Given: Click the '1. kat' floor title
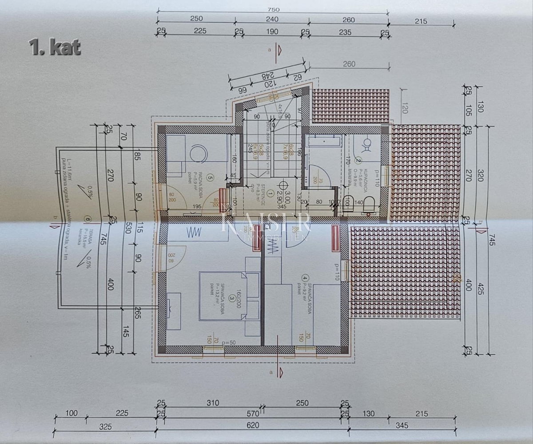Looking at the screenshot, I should pyautogui.click(x=54, y=47).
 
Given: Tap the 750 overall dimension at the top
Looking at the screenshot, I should pyautogui.click(x=273, y=9).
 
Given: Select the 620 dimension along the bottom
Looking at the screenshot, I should pyautogui.click(x=252, y=427).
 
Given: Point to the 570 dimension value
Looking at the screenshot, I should pyautogui.click(x=252, y=413).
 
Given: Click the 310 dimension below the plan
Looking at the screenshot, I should pyautogui.click(x=213, y=403).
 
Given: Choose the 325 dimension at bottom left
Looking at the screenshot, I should pyautogui.click(x=105, y=427).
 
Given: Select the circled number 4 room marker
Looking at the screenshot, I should pyautogui.click(x=304, y=278).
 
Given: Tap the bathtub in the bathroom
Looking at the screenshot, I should pyautogui.click(x=325, y=141).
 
